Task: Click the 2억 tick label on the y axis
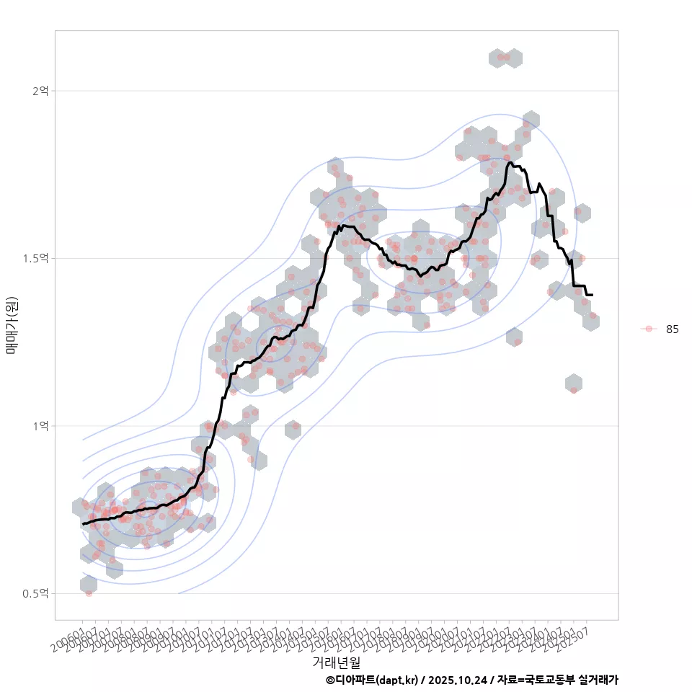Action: (x=40, y=91)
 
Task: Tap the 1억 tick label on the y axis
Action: (x=40, y=426)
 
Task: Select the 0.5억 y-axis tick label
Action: (x=36, y=593)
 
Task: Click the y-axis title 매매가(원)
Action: (x=12, y=325)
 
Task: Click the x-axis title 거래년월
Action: (x=336, y=662)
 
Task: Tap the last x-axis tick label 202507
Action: (x=577, y=639)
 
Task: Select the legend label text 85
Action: (x=672, y=329)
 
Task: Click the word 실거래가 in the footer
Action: (x=598, y=680)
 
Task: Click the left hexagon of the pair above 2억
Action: (x=497, y=58)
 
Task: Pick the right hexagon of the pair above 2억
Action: (x=514, y=58)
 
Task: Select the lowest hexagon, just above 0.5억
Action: (x=88, y=585)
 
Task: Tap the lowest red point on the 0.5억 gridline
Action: (x=89, y=593)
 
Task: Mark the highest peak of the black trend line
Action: (x=510, y=163)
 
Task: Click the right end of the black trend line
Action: (x=592, y=295)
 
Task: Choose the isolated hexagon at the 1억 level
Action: (x=293, y=430)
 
